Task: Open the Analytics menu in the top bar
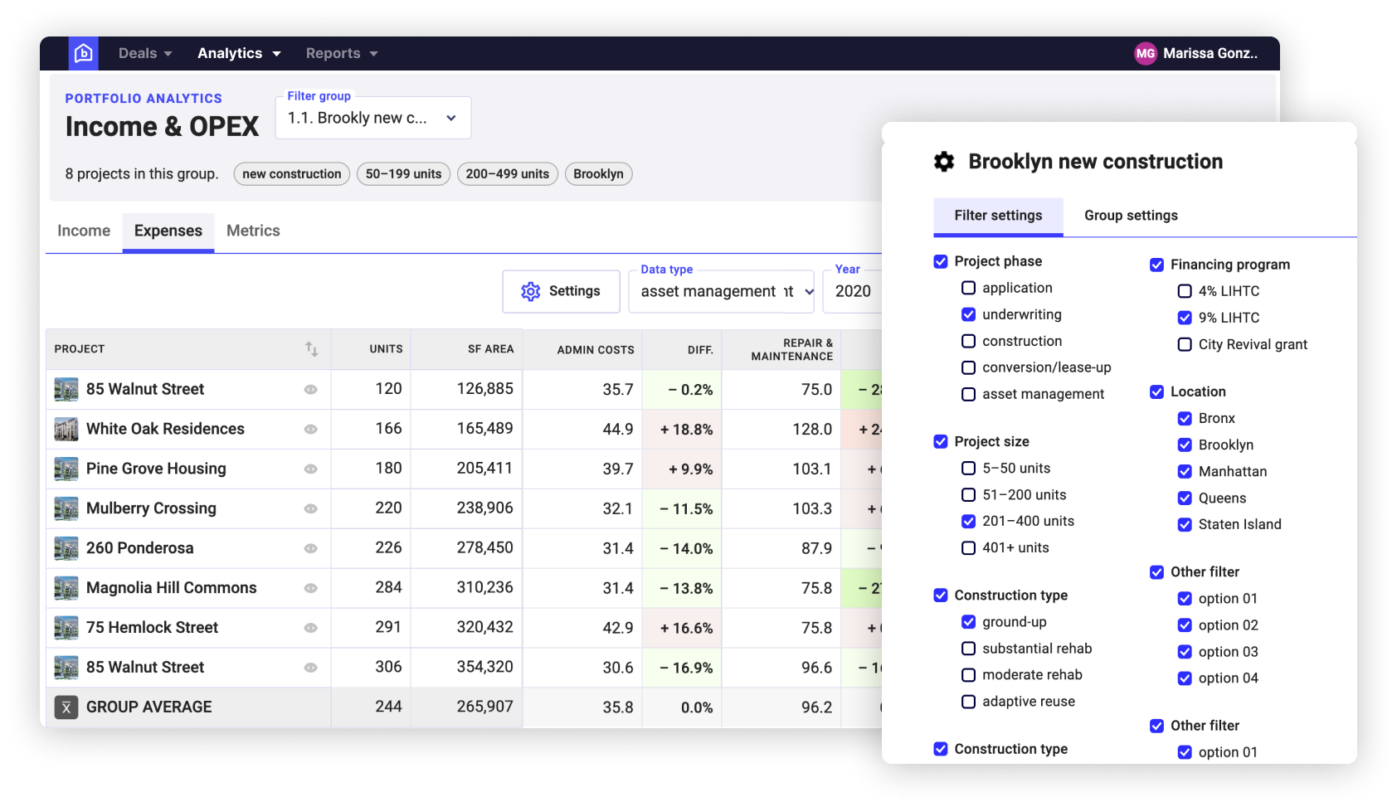(x=239, y=53)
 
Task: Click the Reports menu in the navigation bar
(x=341, y=53)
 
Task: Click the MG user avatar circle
(x=1146, y=53)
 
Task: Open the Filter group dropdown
(x=372, y=118)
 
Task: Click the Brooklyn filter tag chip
(x=598, y=174)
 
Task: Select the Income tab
(x=84, y=231)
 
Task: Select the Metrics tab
(x=253, y=231)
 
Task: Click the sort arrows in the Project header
(x=311, y=349)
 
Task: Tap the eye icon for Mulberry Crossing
(x=310, y=508)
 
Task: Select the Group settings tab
(x=1131, y=216)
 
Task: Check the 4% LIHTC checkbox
(x=1185, y=291)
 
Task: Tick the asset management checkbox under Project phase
(x=968, y=394)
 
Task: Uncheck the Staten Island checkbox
(x=1185, y=524)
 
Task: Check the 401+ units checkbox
(x=968, y=547)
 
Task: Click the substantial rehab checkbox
(x=968, y=649)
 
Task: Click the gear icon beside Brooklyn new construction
(x=944, y=162)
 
